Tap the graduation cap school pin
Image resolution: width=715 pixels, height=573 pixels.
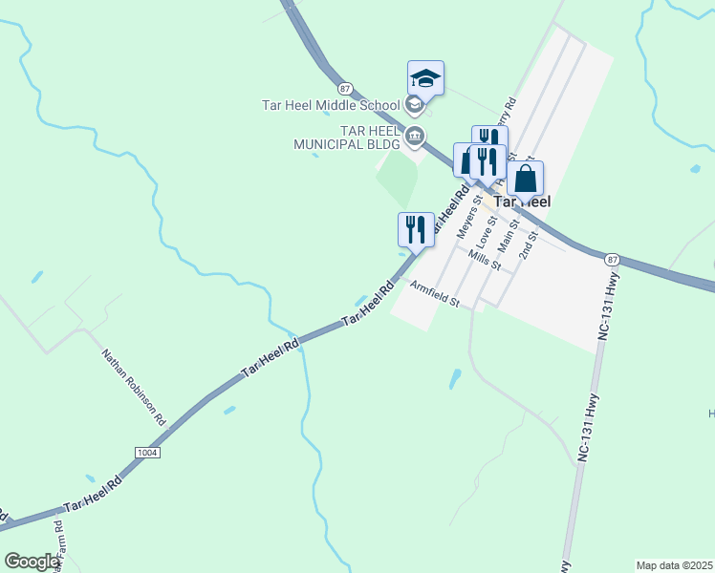click(425, 78)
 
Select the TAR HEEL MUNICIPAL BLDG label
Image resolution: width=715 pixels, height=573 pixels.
click(349, 138)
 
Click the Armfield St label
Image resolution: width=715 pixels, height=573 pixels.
click(436, 291)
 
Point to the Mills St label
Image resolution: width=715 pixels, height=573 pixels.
click(485, 260)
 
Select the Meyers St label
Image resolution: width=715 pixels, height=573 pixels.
click(467, 222)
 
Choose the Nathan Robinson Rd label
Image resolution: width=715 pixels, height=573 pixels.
click(134, 387)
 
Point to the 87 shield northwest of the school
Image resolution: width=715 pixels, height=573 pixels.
click(345, 88)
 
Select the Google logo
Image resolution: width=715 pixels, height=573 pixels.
click(32, 562)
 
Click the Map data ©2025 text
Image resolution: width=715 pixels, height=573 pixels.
click(674, 565)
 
